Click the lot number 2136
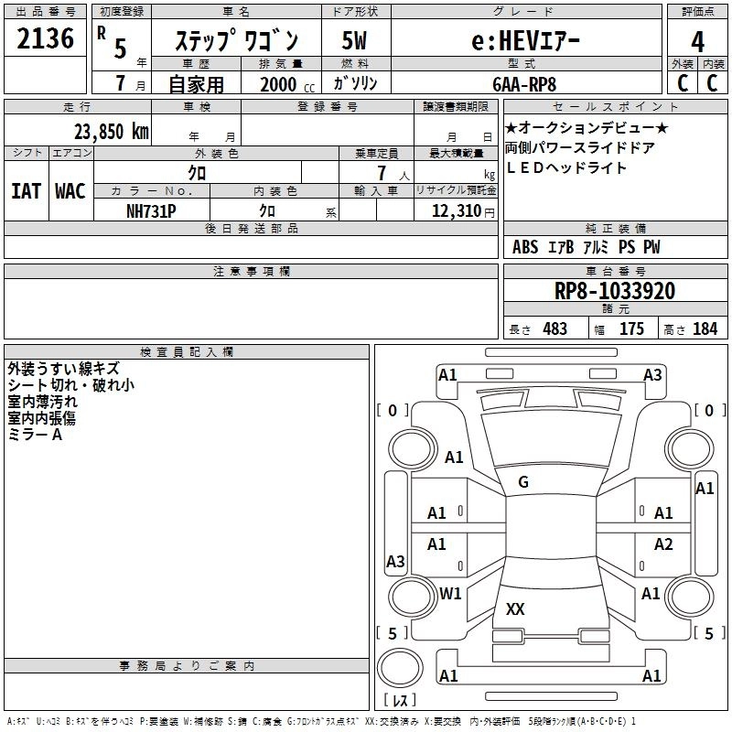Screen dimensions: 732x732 click(46, 39)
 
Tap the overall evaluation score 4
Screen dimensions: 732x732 click(697, 41)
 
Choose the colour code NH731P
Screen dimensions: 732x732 click(151, 210)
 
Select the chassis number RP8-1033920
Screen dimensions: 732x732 click(615, 291)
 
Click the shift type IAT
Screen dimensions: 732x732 click(26, 190)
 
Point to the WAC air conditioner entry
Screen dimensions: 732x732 click(70, 190)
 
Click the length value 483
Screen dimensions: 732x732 click(554, 328)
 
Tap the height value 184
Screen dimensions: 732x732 click(705, 328)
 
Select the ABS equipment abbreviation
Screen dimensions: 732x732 click(525, 247)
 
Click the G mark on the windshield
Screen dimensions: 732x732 click(523, 481)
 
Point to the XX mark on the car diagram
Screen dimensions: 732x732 click(515, 608)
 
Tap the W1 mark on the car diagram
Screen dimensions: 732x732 click(450, 593)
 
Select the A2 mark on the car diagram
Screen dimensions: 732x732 click(663, 544)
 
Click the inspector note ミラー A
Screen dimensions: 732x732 click(35, 435)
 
